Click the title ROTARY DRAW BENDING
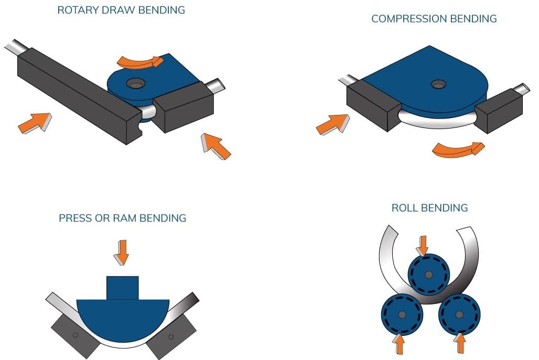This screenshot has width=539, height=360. point(122,10)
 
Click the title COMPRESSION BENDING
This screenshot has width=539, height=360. point(434,19)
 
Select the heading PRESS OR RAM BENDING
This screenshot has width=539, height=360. point(122,218)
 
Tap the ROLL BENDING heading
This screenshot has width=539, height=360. point(429,208)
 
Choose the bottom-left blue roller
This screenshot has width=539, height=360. point(401,314)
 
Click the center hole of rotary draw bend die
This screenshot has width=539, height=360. point(136,83)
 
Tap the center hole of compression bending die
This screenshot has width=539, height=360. point(436,83)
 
